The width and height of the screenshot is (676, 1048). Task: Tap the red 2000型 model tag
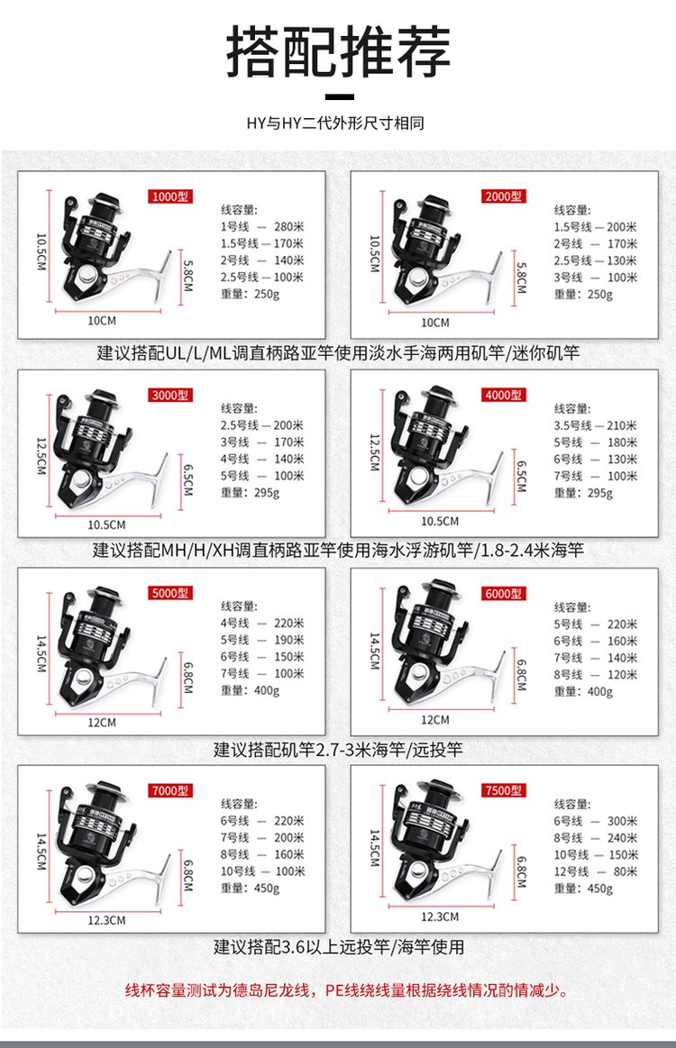point(504,196)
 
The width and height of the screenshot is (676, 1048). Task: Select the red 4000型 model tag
point(504,395)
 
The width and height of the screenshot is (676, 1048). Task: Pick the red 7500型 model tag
point(504,790)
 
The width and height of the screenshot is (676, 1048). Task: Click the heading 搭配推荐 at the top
point(338,52)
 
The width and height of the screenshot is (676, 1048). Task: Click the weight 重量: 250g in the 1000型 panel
point(251,294)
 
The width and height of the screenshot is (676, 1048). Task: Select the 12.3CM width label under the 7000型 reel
point(106,920)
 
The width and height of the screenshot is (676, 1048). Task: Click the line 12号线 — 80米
point(596,871)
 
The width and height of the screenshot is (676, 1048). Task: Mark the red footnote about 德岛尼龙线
point(346,991)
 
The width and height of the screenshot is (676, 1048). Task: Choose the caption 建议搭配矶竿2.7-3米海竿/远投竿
point(338,749)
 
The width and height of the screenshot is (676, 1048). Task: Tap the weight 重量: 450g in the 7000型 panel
point(251,889)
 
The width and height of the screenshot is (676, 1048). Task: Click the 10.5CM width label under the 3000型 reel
point(106,524)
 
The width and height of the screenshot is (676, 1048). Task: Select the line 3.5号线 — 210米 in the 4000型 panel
point(596,425)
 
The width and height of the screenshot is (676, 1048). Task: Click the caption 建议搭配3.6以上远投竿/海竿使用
point(338,947)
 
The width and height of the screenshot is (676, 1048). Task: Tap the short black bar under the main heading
point(338,96)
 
